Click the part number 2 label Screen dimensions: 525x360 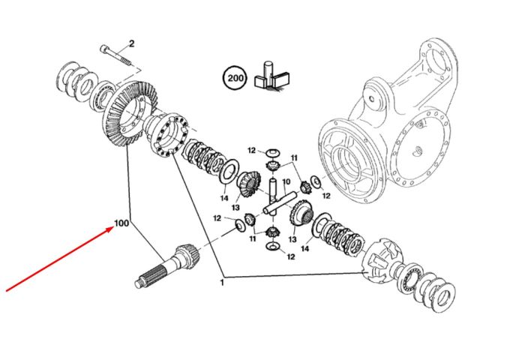point(131,43)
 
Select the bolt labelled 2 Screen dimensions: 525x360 point(116,55)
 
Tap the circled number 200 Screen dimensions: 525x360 point(235,78)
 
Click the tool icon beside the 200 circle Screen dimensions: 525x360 point(271,75)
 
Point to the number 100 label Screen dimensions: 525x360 point(121,223)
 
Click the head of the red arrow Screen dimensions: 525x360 point(112,227)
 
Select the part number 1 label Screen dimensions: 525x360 point(221,283)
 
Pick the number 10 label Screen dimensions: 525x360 point(286,182)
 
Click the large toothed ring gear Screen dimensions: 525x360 point(129,113)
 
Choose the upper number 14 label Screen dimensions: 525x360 point(224,198)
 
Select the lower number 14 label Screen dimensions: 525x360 point(305,248)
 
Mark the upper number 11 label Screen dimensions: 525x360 point(294,157)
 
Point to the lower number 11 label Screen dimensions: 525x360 point(253,238)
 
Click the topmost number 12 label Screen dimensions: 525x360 point(252,150)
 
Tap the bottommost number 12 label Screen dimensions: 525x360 point(291,256)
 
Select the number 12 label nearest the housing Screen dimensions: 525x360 point(326,196)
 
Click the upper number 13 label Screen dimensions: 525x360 point(235,208)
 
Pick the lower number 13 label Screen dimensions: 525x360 point(292,239)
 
